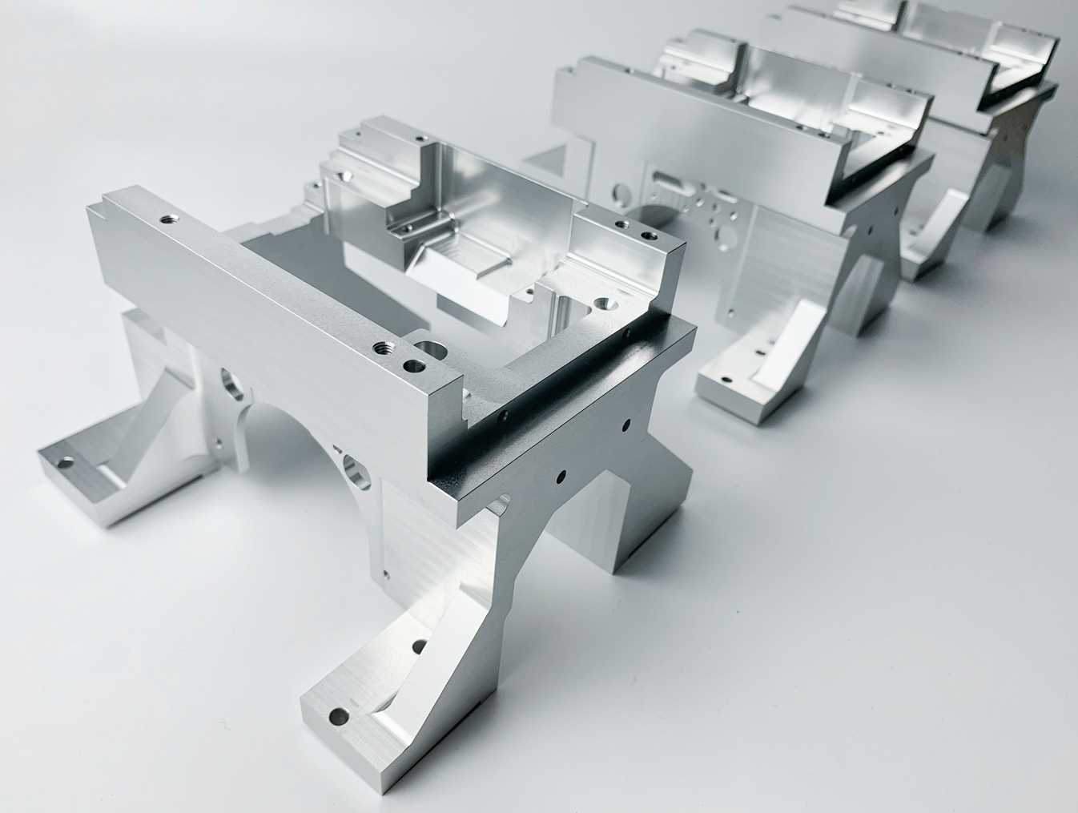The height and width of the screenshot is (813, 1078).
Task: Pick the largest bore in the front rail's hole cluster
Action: [430, 348]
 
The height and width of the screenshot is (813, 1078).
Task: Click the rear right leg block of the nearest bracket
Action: [641, 513]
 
